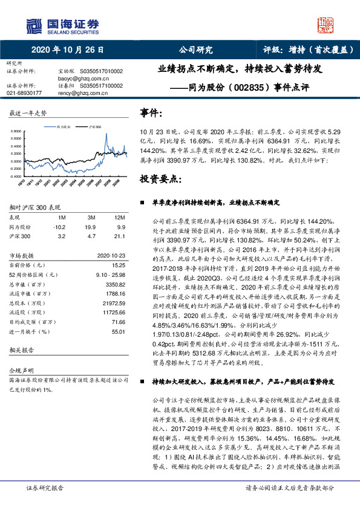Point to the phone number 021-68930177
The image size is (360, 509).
coord(24,93)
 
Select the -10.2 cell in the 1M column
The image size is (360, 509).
coord(60,227)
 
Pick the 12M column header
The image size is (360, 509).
coord(120,217)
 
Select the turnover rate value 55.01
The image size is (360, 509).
coord(119,332)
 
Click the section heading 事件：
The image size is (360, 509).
coord(151,112)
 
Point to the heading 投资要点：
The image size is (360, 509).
coord(160,179)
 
